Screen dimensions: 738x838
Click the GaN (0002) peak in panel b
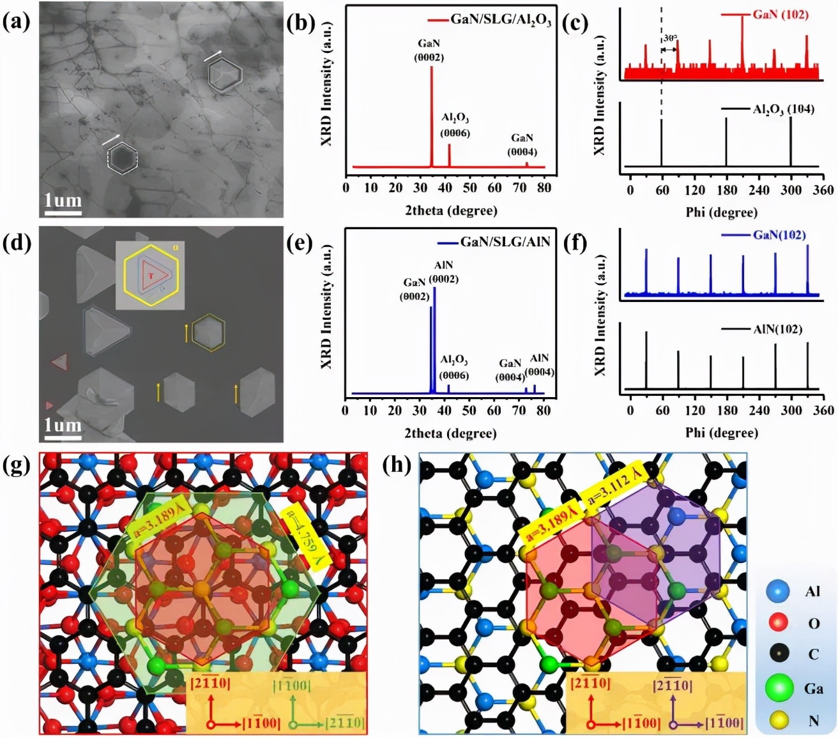pyautogui.click(x=431, y=115)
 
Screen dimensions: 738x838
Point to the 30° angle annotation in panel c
pyautogui.click(x=669, y=39)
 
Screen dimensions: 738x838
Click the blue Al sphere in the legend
pyautogui.click(x=777, y=592)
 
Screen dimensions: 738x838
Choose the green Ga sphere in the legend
pyautogui.click(x=779, y=688)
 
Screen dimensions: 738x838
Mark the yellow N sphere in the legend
pyautogui.click(x=778, y=721)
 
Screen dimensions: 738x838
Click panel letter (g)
pyautogui.click(x=17, y=466)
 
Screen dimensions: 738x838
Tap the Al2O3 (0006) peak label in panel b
pyautogui.click(x=455, y=126)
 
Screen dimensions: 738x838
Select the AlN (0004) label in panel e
pyautogui.click(x=539, y=365)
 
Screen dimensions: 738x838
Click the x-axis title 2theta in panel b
pyautogui.click(x=450, y=210)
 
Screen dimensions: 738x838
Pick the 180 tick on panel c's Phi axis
pyautogui.click(x=726, y=190)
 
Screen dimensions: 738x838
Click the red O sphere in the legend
pyautogui.click(x=777, y=623)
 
